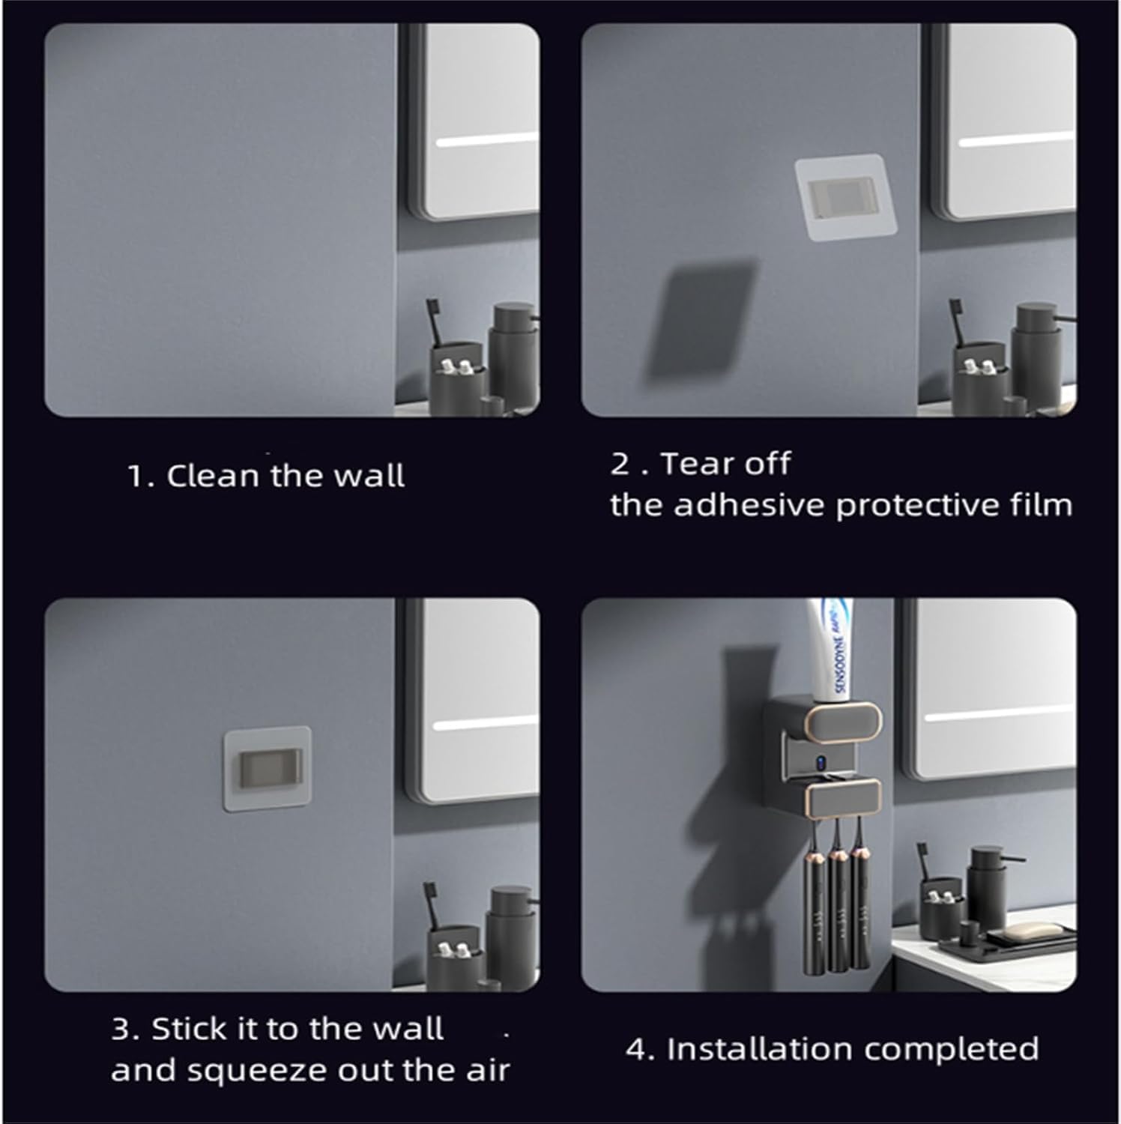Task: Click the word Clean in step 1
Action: (x=212, y=476)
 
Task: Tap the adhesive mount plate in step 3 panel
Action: (x=268, y=769)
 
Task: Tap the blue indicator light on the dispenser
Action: (x=821, y=766)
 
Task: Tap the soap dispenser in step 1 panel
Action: (x=513, y=352)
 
